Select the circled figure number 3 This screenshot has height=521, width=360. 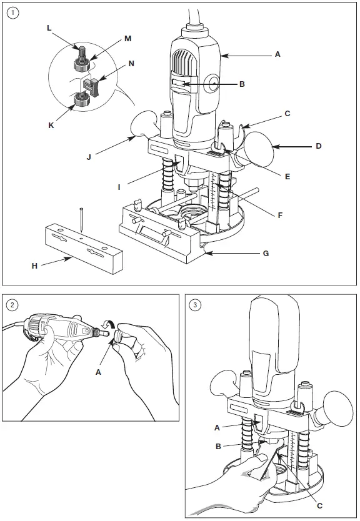[x=196, y=305]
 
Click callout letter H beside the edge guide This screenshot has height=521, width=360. [x=34, y=265]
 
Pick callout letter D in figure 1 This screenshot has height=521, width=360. [x=319, y=146]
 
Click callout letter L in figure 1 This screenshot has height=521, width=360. [x=49, y=29]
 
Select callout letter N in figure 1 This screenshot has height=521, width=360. [x=131, y=63]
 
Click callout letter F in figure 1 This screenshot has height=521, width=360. [x=279, y=215]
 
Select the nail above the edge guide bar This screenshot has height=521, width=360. [x=82, y=222]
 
